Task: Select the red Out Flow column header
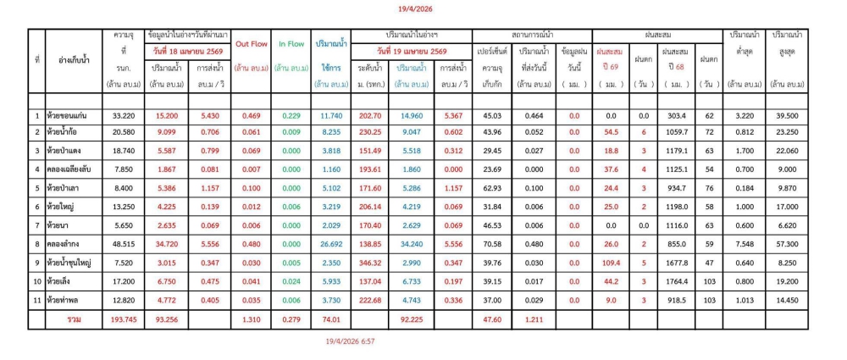click(252, 43)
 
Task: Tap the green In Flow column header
click(291, 43)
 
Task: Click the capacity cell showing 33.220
click(125, 115)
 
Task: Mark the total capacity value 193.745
click(125, 319)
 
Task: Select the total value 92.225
click(412, 319)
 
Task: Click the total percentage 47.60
click(491, 319)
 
